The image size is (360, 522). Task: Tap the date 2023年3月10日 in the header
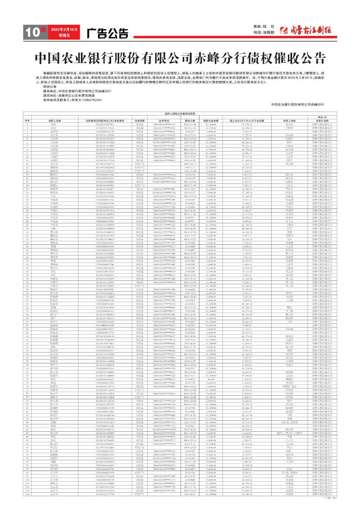(64, 30)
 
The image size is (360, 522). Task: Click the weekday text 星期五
(64, 36)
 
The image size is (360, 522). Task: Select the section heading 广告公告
(108, 34)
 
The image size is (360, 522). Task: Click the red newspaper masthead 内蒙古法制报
(306, 30)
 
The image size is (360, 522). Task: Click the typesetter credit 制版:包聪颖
(264, 32)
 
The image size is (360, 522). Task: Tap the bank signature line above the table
(298, 104)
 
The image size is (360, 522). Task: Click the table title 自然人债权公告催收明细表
(180, 114)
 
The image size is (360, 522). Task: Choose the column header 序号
(27, 121)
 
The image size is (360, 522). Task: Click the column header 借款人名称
(54, 121)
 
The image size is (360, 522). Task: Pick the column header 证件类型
(140, 121)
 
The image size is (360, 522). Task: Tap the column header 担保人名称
(289, 121)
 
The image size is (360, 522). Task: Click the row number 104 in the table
(27, 494)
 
